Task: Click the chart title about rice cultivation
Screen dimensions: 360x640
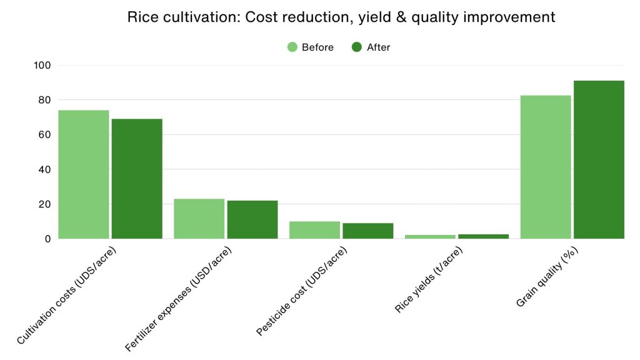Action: point(341,17)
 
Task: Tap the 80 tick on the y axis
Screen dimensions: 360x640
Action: point(45,100)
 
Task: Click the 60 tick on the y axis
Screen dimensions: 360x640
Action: point(45,134)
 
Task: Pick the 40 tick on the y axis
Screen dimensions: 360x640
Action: point(45,169)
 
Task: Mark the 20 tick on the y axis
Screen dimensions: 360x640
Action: point(45,204)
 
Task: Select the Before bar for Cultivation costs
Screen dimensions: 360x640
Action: point(84,174)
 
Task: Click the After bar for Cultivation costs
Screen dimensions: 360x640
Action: point(137,179)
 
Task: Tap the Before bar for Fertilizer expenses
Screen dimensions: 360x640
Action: point(199,219)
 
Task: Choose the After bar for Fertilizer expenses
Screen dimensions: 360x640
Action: point(252,219)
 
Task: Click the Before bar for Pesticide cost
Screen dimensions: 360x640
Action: point(314,230)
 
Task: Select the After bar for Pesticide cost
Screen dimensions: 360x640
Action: point(367,231)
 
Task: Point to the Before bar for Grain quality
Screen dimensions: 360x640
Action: point(546,167)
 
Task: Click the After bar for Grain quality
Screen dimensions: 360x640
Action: point(599,159)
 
